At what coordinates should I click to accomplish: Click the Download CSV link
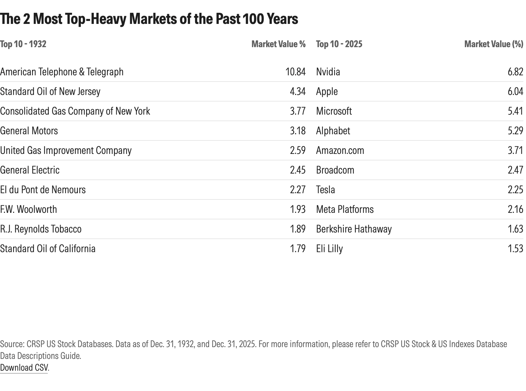[x=24, y=367]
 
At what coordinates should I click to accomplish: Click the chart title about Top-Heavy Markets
[x=149, y=19]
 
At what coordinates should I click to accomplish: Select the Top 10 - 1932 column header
[x=23, y=44]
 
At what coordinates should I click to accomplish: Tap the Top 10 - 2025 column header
[x=339, y=44]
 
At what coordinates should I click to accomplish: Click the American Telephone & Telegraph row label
[x=62, y=72]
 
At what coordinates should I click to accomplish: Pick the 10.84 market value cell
[x=295, y=72]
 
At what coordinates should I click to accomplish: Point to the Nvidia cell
[x=328, y=72]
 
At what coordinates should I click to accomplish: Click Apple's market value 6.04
[x=515, y=91]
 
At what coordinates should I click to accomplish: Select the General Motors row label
[x=29, y=131]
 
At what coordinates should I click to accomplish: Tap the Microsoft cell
[x=334, y=111]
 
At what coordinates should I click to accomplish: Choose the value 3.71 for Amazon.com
[x=515, y=150]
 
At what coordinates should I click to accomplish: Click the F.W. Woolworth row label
[x=28, y=209]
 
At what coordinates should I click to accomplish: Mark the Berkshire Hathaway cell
[x=354, y=229]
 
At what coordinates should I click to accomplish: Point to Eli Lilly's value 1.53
[x=515, y=249]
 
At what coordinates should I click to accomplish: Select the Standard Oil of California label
[x=48, y=249]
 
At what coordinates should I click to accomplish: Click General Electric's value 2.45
[x=297, y=170]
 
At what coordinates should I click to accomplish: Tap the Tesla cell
[x=325, y=190]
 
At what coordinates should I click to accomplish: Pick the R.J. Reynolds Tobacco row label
[x=41, y=229]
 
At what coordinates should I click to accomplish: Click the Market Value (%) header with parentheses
[x=493, y=44]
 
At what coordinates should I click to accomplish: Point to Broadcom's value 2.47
[x=515, y=170]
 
